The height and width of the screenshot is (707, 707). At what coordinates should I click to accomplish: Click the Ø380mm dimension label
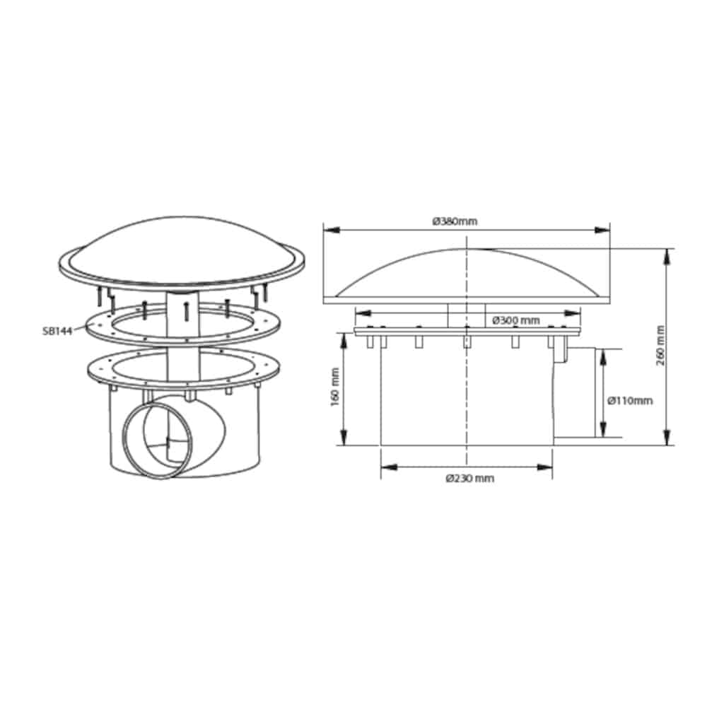455,221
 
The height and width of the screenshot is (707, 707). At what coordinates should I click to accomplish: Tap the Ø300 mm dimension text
516,320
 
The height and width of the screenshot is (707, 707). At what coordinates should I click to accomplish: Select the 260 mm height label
661,346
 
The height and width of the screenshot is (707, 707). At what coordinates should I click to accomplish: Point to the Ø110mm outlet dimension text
630,400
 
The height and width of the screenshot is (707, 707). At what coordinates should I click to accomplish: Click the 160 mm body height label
335,387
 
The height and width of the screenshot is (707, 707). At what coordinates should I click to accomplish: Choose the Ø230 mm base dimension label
470,478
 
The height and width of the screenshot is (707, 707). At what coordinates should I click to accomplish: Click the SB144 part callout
57,332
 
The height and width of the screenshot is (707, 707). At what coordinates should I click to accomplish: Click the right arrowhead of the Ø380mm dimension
602,230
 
